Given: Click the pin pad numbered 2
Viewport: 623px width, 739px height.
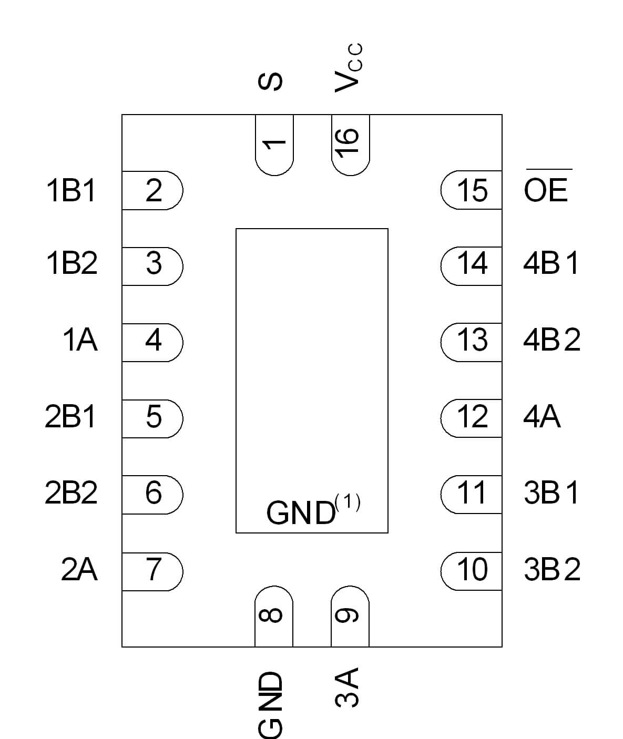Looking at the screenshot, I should (x=152, y=190).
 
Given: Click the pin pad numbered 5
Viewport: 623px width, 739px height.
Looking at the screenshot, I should (x=152, y=417).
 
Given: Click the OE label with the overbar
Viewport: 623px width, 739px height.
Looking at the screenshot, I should (x=546, y=189).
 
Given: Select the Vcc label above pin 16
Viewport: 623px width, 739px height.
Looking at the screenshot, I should (x=348, y=68).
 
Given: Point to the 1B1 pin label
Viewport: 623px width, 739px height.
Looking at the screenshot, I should (x=72, y=190).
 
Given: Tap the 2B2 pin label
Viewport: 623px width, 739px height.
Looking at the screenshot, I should (x=72, y=493).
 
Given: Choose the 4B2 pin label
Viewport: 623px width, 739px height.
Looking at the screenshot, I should (x=551, y=340).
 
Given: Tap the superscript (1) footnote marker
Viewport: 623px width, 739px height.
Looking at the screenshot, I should (x=348, y=504).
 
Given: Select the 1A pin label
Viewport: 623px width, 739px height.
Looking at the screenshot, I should (x=80, y=340).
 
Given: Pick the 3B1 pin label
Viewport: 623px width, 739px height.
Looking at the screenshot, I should (x=551, y=493).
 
